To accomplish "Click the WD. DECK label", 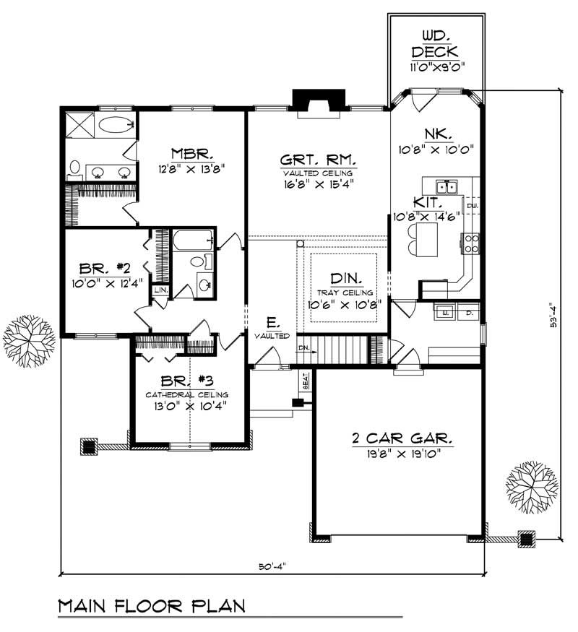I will coord(436,43).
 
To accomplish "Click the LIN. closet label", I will coord(159,290).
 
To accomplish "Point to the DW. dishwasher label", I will coord(473,206).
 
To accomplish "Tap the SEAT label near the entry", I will coord(306,382).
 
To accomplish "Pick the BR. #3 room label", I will coord(186,382).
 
